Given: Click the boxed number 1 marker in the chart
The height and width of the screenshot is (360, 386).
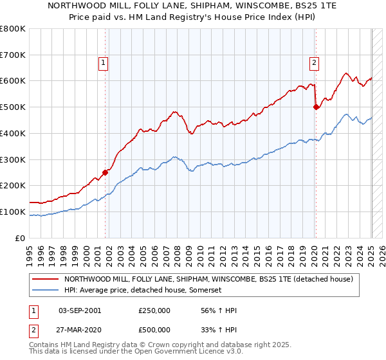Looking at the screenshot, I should [x=104, y=62].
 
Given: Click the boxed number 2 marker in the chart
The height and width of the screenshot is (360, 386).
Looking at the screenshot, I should [x=313, y=62].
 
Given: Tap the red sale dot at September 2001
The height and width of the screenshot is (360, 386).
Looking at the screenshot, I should [x=106, y=172].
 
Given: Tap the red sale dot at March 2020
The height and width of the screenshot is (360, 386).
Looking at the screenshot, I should [x=316, y=107].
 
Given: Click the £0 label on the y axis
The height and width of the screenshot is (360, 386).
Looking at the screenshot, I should [x=19, y=238].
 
